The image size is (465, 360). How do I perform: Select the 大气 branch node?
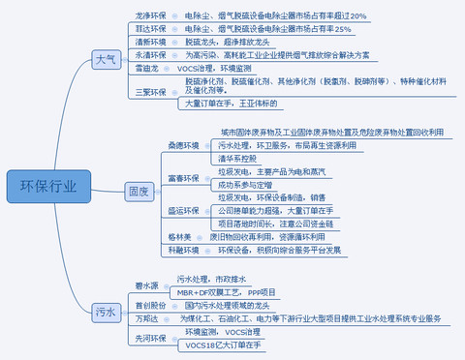pyautogui.click(x=106, y=61)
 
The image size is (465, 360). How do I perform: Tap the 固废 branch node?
pyautogui.click(x=139, y=193)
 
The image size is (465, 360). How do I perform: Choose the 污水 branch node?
pyautogui.click(x=106, y=313)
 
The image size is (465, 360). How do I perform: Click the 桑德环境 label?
pyautogui.click(x=184, y=145)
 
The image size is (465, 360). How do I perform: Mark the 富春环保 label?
pyautogui.click(x=182, y=178)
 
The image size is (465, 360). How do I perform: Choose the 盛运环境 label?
pyautogui.click(x=184, y=209)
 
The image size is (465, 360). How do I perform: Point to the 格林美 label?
pyautogui.click(x=179, y=235)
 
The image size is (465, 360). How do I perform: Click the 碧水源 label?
pyautogui.click(x=146, y=285)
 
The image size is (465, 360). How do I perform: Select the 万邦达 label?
pyautogui.click(x=146, y=317)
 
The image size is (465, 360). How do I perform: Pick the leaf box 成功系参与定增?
pyautogui.click(x=245, y=183)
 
